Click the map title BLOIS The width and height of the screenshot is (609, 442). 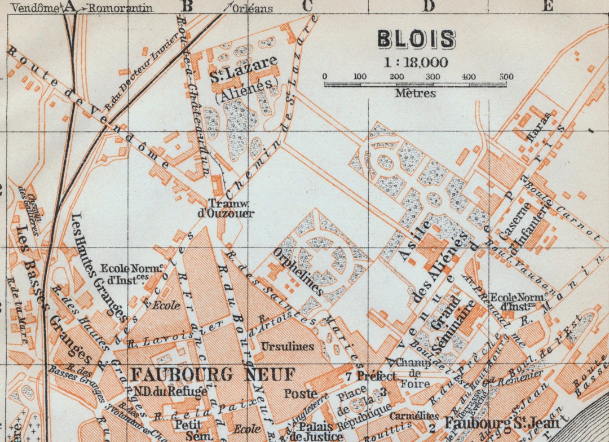coord(416,39)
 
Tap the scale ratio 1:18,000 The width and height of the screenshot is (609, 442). coord(416,62)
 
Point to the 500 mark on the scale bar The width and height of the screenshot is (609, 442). coord(506,77)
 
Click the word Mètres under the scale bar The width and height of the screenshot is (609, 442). coord(415,94)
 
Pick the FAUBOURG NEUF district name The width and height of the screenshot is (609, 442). coord(213,374)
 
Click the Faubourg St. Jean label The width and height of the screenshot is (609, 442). coord(501,423)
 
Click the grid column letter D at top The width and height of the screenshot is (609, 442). coord(429,6)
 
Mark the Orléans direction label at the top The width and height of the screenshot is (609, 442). coord(252,8)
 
